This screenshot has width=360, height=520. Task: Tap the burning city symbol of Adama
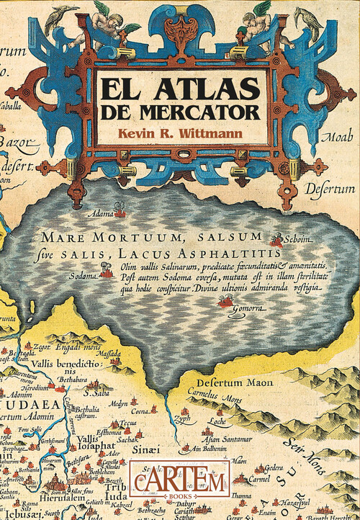pos(120,212)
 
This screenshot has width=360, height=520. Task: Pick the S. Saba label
pos(95,394)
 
